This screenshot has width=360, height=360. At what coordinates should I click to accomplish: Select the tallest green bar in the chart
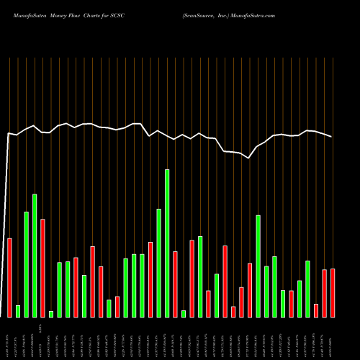coord(167,243)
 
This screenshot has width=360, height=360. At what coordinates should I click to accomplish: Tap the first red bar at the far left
coord(10,277)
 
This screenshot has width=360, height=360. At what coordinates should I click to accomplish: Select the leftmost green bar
coord(18,311)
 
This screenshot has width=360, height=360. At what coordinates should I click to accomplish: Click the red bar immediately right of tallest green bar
coord(175,284)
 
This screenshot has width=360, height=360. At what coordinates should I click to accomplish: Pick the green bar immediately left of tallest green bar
coord(158,263)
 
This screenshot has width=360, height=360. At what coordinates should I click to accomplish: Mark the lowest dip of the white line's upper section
coord(249,158)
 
